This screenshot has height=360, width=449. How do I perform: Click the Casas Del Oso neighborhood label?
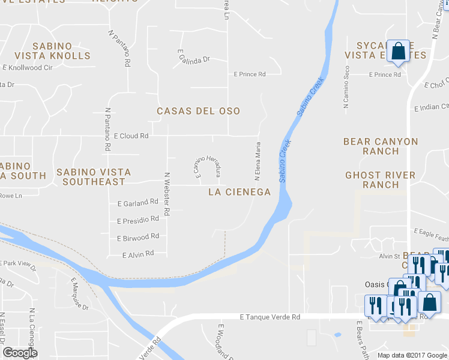(x=198, y=111)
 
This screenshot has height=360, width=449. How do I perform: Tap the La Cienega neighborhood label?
(x=239, y=192)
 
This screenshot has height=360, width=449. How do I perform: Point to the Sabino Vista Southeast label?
(x=91, y=176)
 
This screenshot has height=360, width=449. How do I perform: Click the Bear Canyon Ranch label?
(x=381, y=146)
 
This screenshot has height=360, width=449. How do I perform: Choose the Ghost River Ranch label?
(x=381, y=180)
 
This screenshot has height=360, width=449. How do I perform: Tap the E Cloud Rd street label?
(x=130, y=136)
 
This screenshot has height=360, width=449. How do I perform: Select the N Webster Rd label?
(x=168, y=194)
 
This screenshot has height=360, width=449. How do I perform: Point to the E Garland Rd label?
(x=137, y=203)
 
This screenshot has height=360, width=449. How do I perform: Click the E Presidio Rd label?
(x=138, y=220)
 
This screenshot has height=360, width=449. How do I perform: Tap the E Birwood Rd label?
(x=138, y=237)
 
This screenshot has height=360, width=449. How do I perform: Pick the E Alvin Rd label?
(x=138, y=254)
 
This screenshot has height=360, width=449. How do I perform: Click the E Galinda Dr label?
(x=193, y=58)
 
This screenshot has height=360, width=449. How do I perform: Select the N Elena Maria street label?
(x=258, y=161)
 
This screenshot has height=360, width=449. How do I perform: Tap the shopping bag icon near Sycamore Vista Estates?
(x=398, y=52)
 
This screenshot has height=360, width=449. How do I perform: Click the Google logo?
(x=20, y=353)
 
